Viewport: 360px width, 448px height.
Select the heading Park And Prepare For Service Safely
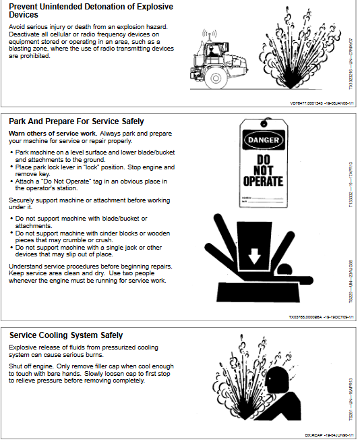[76, 121]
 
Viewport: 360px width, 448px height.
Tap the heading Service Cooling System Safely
[65, 335]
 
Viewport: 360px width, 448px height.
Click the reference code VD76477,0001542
[288, 103]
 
